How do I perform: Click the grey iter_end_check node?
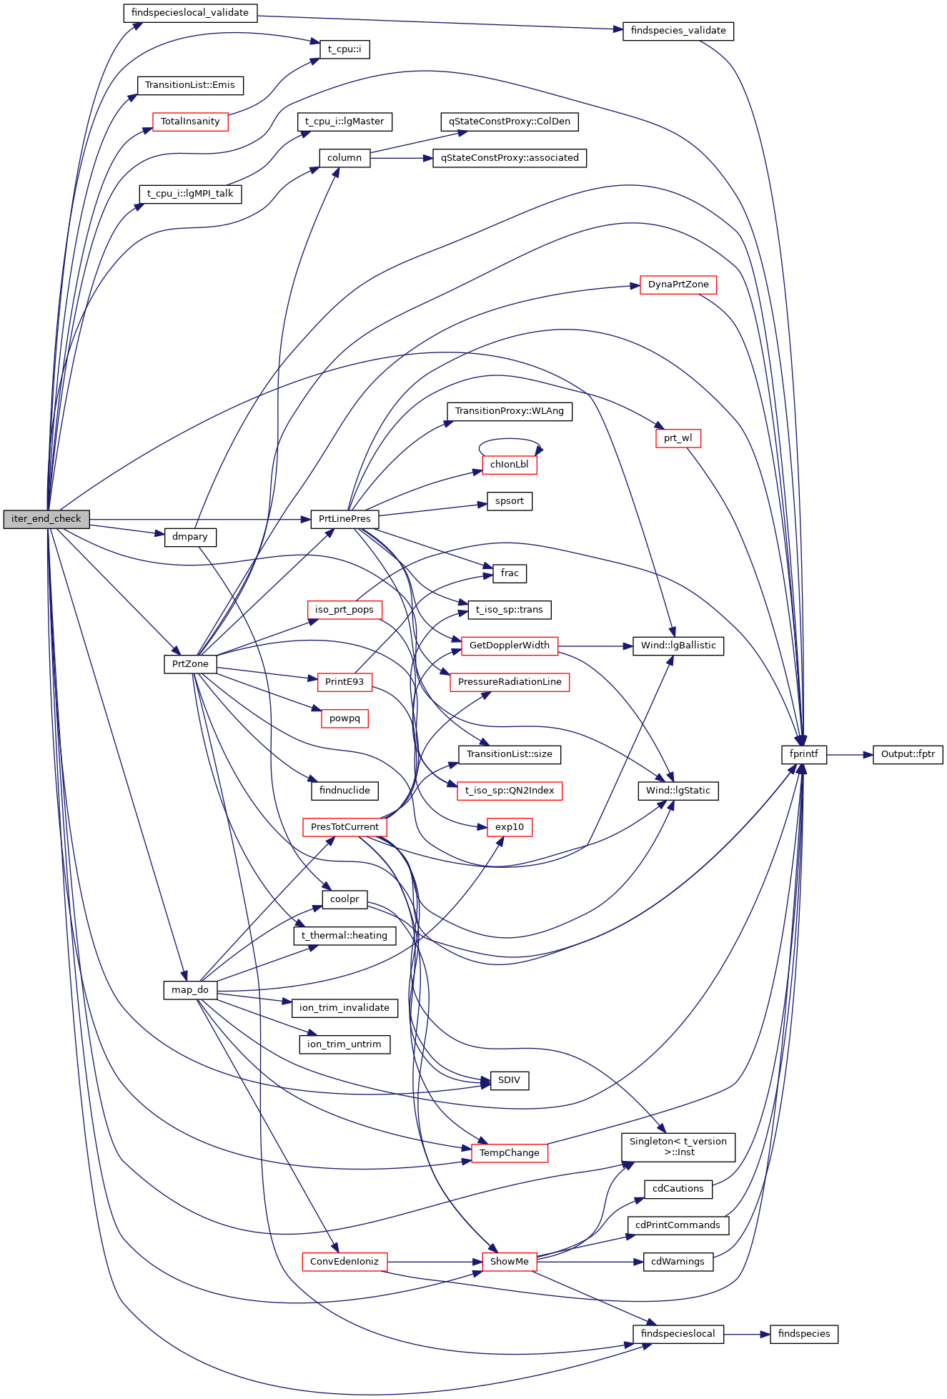46,519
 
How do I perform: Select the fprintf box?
804,754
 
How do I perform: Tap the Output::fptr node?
908,754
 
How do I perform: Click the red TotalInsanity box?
190,122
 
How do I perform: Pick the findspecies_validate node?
678,31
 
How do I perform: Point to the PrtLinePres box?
344,519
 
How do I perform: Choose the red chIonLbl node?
510,465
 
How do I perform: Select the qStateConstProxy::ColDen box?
510,122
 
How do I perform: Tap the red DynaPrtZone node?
678,285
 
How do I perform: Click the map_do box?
190,990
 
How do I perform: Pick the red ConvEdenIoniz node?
344,1262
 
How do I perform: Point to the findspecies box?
804,1334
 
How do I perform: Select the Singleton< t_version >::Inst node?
678,1147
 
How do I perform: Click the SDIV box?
510,1080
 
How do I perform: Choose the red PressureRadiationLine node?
510,682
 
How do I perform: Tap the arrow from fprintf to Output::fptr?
850,754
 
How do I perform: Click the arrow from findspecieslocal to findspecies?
747,1334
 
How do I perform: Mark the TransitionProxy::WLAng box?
510,411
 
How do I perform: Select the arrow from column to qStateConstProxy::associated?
401,158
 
